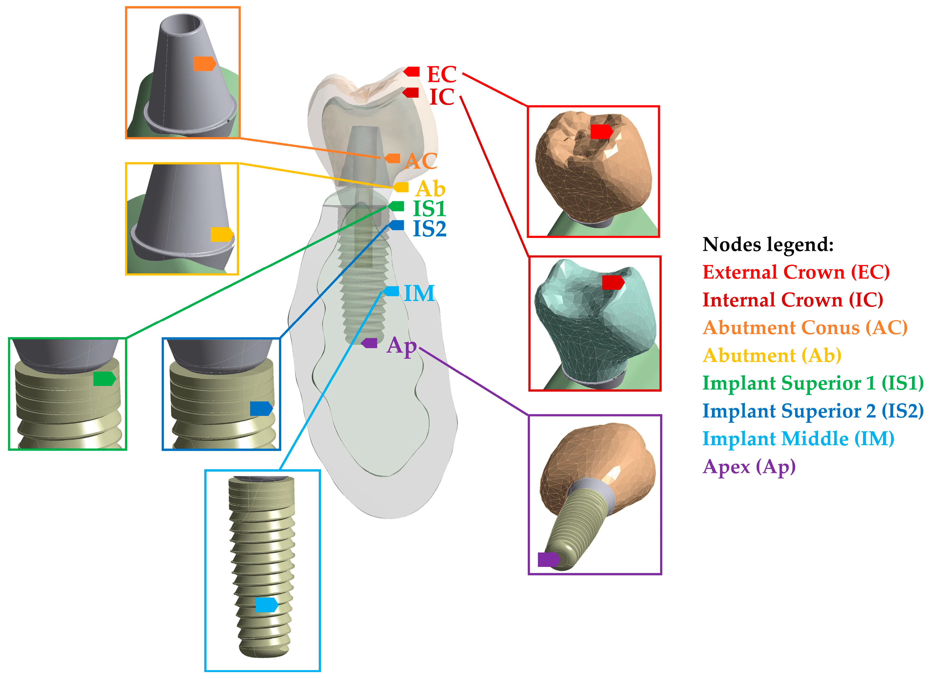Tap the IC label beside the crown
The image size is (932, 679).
click(x=442, y=97)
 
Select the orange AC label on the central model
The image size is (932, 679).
click(x=420, y=161)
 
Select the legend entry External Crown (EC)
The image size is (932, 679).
click(x=796, y=272)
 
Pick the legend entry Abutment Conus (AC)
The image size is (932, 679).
click(x=805, y=328)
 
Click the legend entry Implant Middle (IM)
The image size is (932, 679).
click(x=798, y=438)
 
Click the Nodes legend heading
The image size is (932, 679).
click(x=768, y=245)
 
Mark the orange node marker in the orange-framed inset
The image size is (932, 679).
click(x=204, y=64)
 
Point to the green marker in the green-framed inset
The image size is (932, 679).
click(x=104, y=379)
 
